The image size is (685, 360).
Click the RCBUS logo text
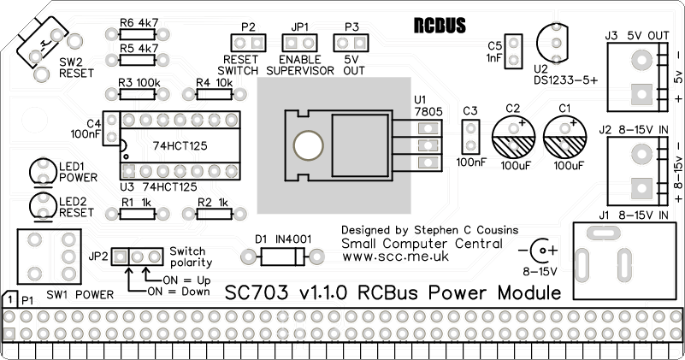pos(439,26)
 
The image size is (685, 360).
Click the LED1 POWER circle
pos(42,170)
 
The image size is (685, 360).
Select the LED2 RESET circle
pos(42,206)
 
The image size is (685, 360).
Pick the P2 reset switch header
pos(247,42)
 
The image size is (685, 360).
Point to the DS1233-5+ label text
pos(565,79)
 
